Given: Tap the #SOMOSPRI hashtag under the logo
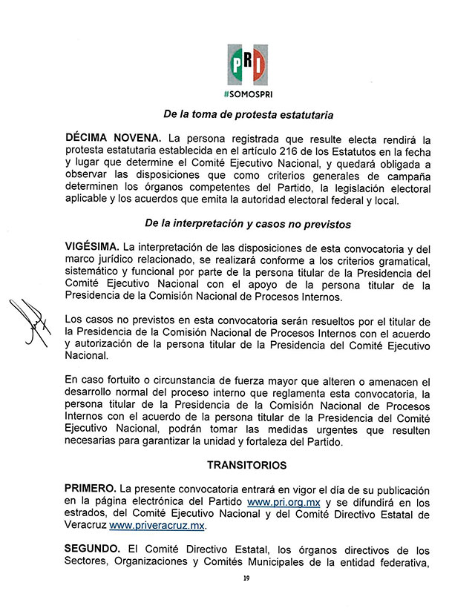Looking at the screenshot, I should (x=247, y=95).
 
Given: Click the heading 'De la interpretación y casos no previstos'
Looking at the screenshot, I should (x=247, y=223).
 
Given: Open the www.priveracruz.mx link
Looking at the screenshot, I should (x=157, y=526).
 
